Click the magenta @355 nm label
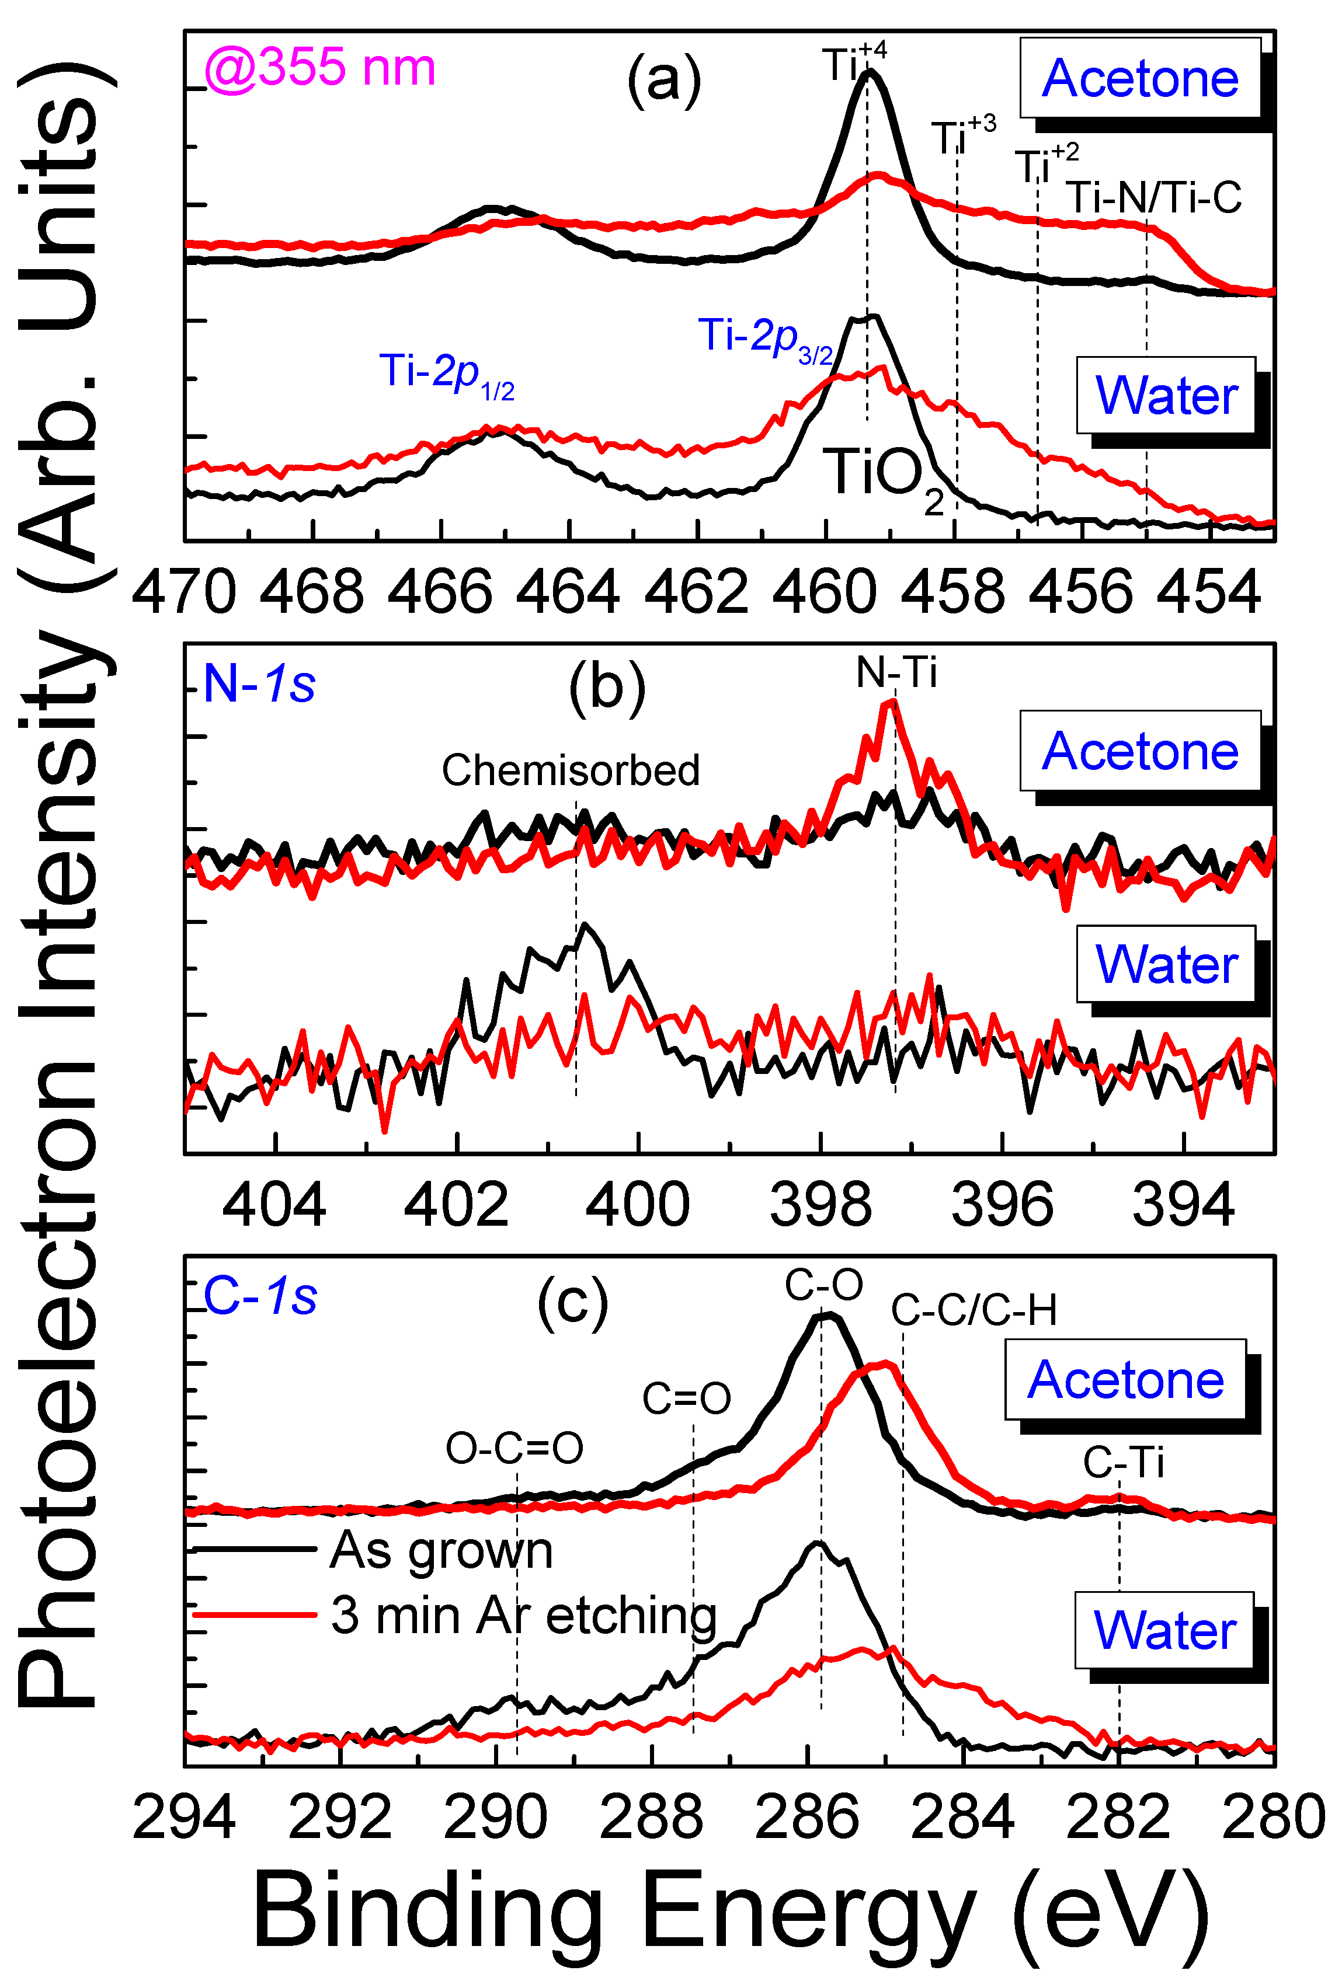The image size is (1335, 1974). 319,67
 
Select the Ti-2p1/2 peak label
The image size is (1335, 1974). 446,373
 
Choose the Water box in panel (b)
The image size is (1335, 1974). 1165,964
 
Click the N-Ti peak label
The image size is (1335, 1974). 896,673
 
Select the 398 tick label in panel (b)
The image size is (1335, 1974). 820,1205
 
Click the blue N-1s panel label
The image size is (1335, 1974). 259,683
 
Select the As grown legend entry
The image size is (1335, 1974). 440,1550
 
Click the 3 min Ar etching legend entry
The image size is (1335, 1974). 523,1614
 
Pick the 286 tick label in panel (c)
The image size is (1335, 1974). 806,1819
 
